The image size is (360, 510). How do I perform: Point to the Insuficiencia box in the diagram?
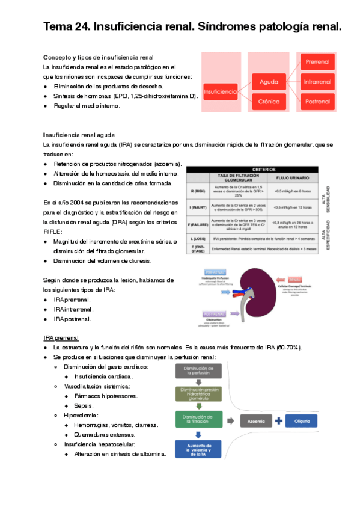click(x=220, y=91)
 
